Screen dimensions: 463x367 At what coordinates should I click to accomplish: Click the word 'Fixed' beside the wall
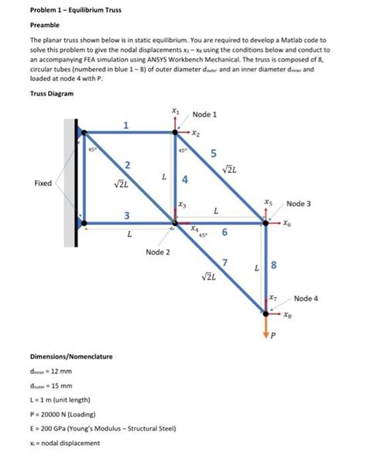tap(44, 184)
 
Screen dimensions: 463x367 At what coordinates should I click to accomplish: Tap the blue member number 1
tap(127, 125)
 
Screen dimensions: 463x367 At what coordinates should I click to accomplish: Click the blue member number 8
tap(282, 269)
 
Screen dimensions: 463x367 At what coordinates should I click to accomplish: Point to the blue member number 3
tap(127, 214)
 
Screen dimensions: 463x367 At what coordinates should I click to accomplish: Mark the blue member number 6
tap(225, 233)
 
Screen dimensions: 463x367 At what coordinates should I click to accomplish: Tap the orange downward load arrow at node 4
tap(266, 325)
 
